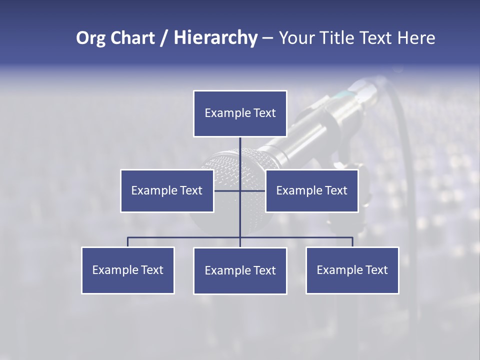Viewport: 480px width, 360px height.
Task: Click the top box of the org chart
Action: tap(240, 113)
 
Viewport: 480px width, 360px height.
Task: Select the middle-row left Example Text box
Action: tap(167, 190)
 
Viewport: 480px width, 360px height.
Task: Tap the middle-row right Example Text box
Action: tap(311, 190)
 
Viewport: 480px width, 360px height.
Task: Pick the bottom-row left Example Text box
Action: tap(128, 270)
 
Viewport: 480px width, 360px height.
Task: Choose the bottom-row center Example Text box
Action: tap(240, 270)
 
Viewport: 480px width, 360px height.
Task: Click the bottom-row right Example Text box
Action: tap(352, 270)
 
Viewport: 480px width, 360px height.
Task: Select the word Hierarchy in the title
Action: tap(215, 38)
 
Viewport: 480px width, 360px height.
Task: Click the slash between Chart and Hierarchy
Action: tap(164, 38)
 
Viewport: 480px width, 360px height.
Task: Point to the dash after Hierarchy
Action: tap(267, 38)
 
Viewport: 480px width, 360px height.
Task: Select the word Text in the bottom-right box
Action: tap(376, 270)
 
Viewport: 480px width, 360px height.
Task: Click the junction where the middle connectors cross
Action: tap(240, 190)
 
